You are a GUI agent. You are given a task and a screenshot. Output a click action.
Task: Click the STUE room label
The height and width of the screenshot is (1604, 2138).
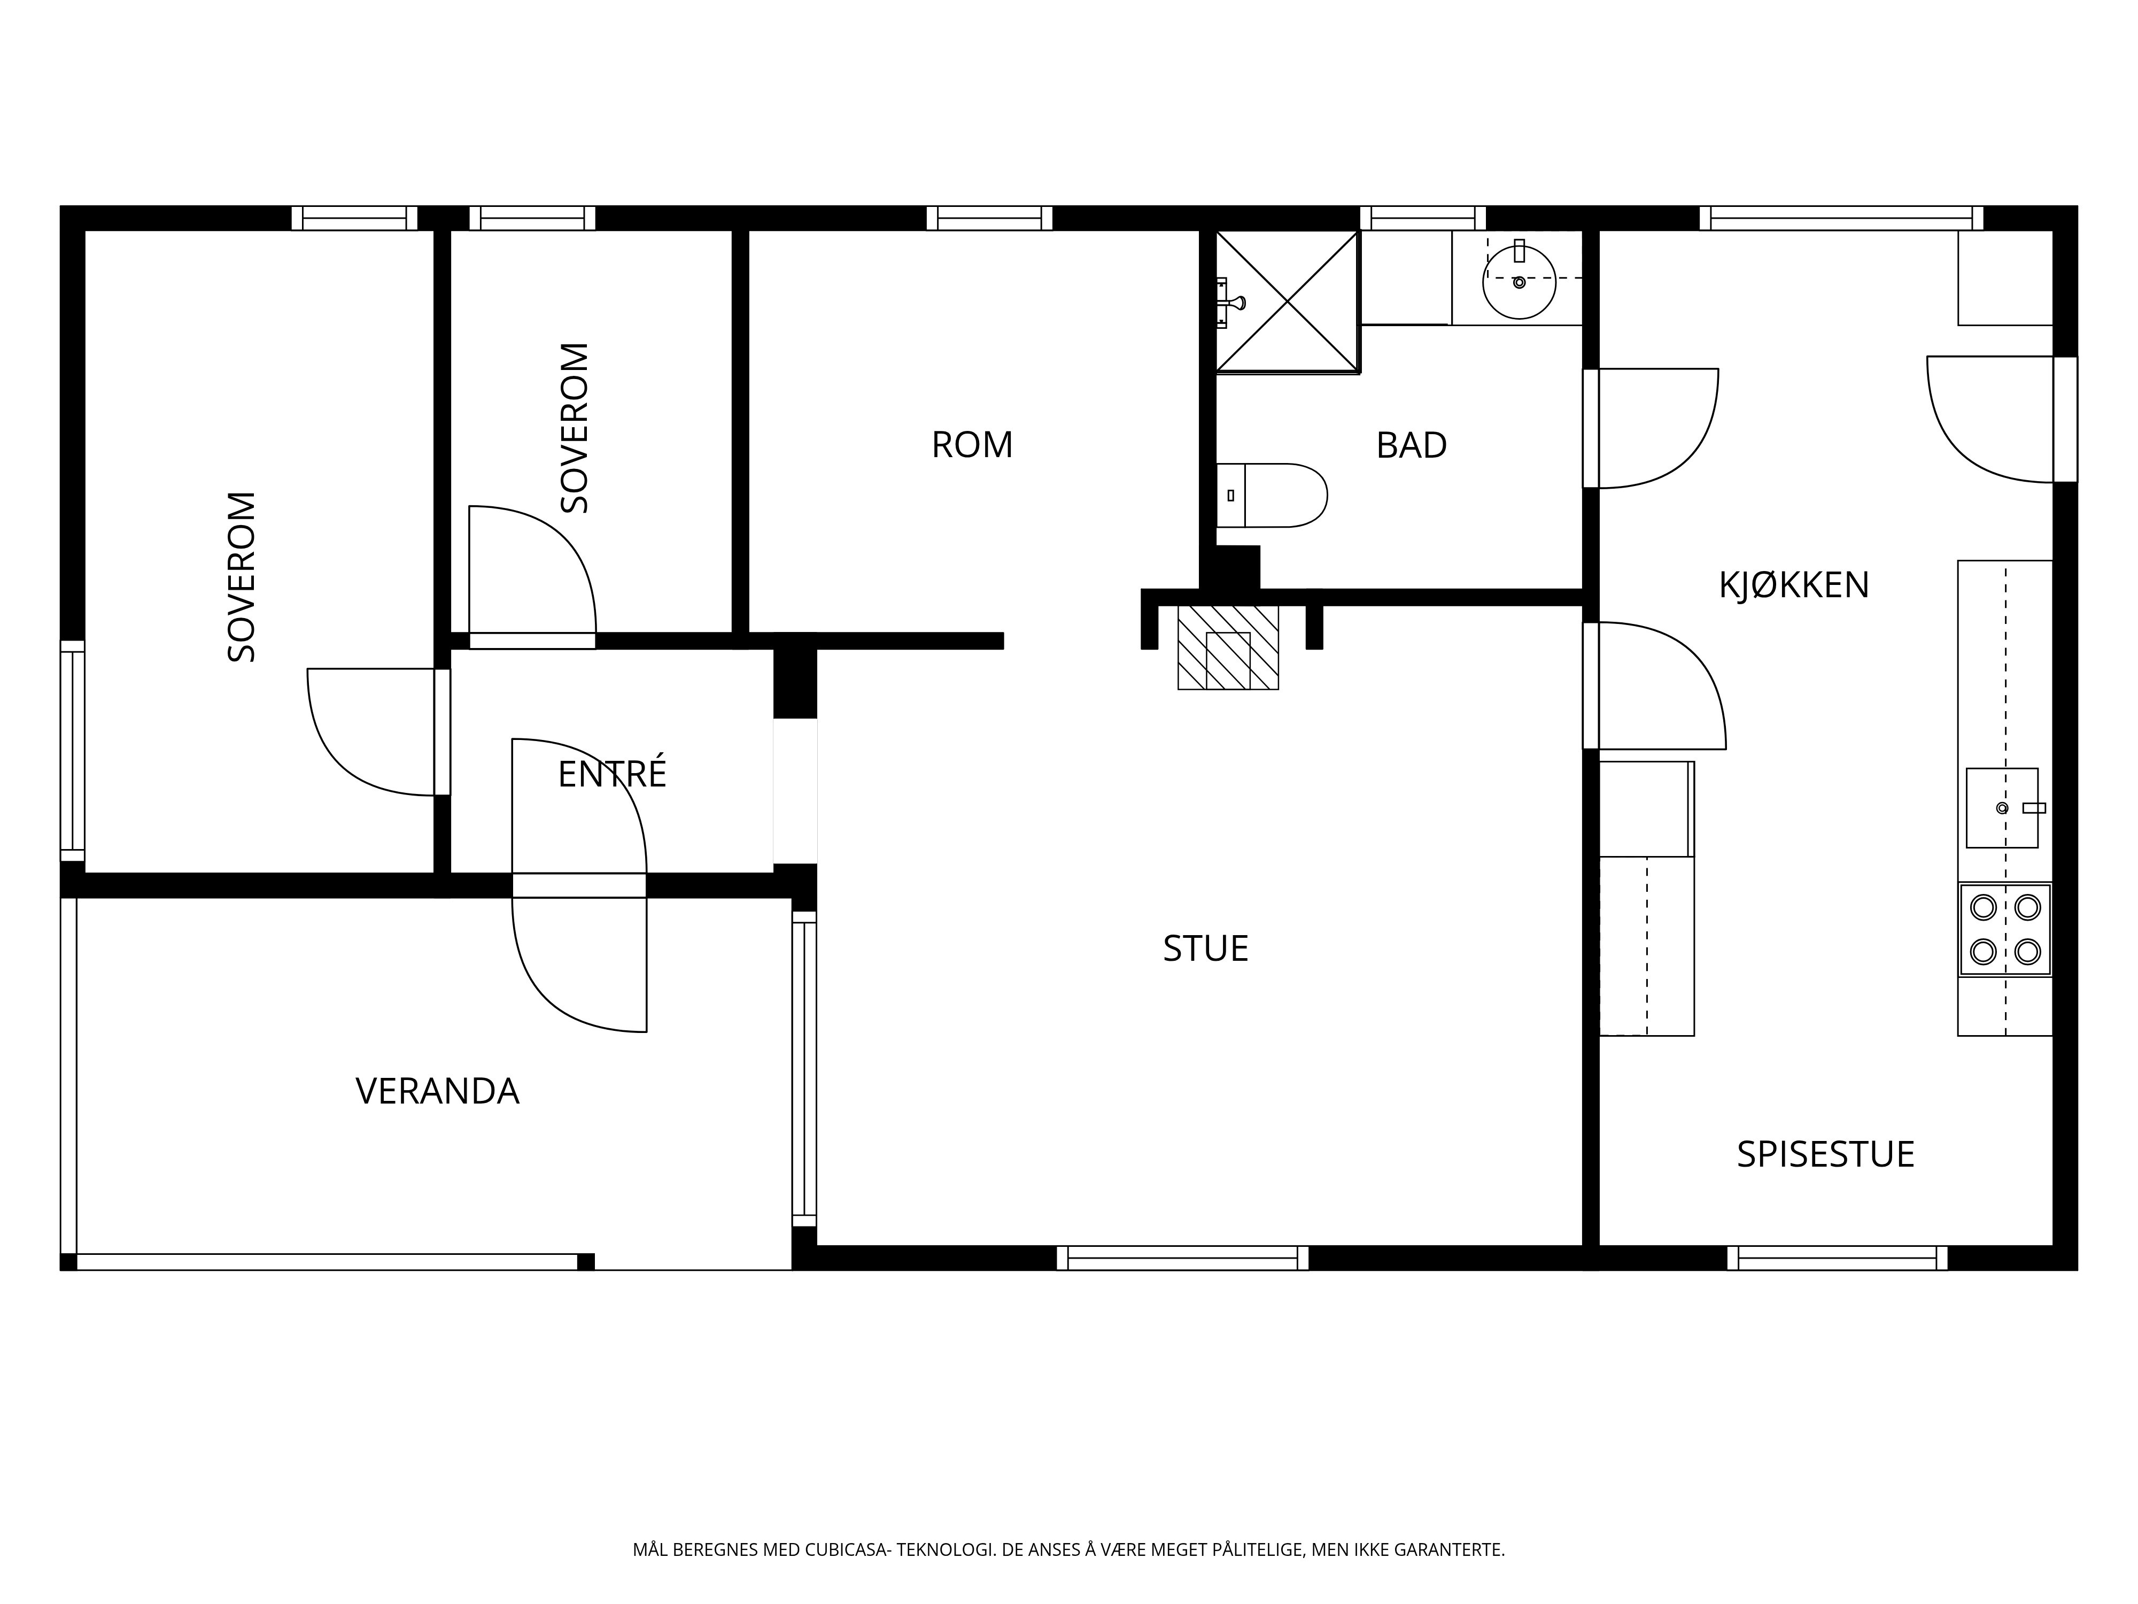1205,948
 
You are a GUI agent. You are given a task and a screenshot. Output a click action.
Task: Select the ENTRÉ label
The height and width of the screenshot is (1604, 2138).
612,774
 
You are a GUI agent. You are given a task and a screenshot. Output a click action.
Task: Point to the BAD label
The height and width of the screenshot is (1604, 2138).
1411,445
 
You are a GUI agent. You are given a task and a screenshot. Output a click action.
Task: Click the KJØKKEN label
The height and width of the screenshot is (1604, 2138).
1794,585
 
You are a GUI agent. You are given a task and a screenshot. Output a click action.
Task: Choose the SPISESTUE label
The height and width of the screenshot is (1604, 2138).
1825,1154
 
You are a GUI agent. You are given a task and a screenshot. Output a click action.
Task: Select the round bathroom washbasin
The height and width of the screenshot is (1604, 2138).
1520,281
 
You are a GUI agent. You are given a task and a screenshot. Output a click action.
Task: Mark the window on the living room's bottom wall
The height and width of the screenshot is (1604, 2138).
1182,1258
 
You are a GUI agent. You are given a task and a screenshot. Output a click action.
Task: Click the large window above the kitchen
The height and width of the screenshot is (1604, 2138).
1841,218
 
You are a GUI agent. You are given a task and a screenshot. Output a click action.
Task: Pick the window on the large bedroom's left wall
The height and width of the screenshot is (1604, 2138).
73,750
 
